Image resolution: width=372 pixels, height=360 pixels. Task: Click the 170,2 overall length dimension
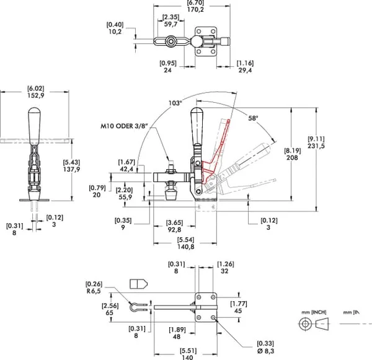[195, 9]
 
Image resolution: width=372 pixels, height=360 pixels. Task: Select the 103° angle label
[175, 103]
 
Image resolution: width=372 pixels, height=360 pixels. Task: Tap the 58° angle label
[253, 118]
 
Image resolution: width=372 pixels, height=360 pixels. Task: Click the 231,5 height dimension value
[316, 146]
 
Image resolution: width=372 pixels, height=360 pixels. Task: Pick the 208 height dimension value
[292, 157]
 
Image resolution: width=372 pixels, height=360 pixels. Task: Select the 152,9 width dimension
[35, 95]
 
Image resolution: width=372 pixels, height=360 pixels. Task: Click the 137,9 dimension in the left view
[71, 169]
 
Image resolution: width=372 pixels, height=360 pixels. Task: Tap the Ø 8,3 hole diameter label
[265, 351]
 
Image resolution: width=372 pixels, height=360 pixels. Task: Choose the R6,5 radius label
[94, 291]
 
